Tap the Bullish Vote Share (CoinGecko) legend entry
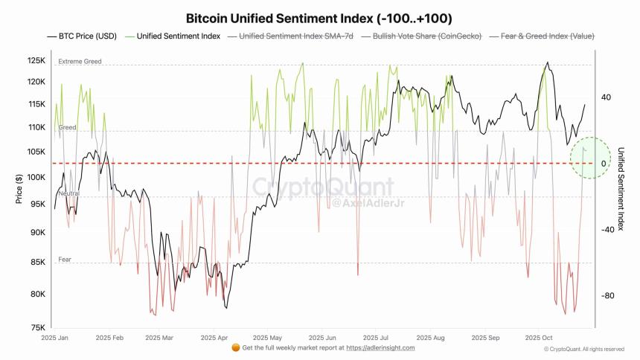(421, 36)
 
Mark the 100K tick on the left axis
(36, 177)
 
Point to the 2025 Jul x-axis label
(377, 337)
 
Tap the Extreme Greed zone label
(80, 62)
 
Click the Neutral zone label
(68, 193)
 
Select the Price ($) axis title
(17, 189)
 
